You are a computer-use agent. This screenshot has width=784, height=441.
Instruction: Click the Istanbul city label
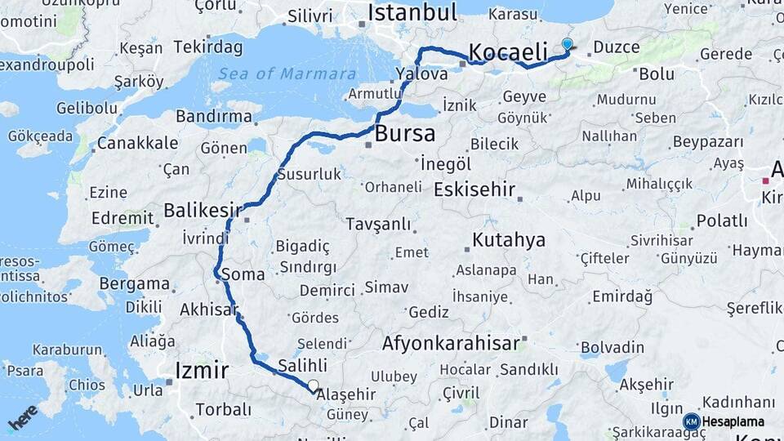412,12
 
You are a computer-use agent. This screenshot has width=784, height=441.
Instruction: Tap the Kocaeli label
508,52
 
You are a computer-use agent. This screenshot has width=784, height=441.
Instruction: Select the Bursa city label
405,134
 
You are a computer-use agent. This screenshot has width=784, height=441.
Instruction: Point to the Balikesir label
203,211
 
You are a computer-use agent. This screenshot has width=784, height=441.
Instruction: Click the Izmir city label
202,371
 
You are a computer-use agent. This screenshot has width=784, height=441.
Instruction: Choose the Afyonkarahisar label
450,343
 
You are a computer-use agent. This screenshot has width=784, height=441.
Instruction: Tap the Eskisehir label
474,190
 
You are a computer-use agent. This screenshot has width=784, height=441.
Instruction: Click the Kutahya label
508,240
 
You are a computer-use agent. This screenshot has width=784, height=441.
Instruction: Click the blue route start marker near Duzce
568,44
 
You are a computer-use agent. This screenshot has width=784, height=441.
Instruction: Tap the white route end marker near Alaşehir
314,385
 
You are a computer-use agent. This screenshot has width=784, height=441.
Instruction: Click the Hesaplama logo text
733,421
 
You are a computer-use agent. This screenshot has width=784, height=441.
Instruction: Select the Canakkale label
137,144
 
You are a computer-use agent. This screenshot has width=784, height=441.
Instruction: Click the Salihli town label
302,365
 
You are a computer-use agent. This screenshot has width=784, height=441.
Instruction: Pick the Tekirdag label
207,47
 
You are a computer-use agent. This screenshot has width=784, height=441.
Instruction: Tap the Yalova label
421,74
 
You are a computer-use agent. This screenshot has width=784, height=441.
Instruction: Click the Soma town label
243,274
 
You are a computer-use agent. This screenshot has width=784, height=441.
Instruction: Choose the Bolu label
657,73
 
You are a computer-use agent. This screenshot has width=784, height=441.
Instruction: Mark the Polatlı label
721,220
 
